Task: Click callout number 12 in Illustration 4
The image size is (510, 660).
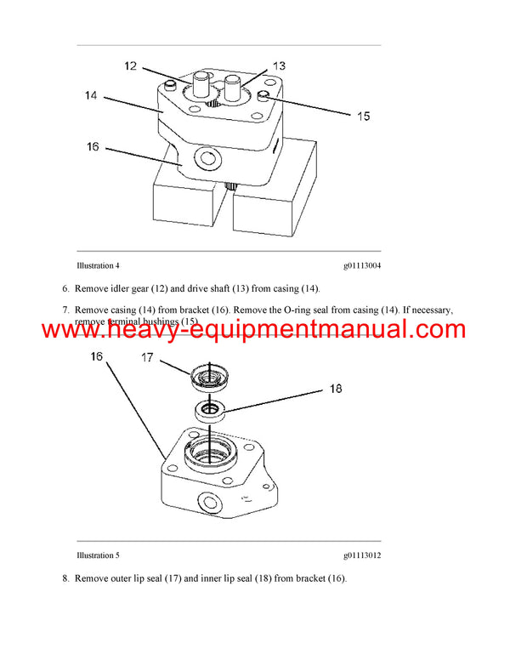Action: pyautogui.click(x=131, y=65)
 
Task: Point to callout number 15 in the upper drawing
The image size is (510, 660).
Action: pyautogui.click(x=362, y=117)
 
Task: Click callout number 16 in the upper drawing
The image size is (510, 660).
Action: pyautogui.click(x=93, y=147)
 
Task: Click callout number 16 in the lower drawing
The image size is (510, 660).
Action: pyautogui.click(x=96, y=358)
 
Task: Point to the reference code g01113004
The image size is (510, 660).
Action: pyautogui.click(x=362, y=265)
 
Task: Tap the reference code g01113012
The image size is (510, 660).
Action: pyautogui.click(x=362, y=555)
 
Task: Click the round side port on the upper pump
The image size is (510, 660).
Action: pyautogui.click(x=207, y=158)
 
